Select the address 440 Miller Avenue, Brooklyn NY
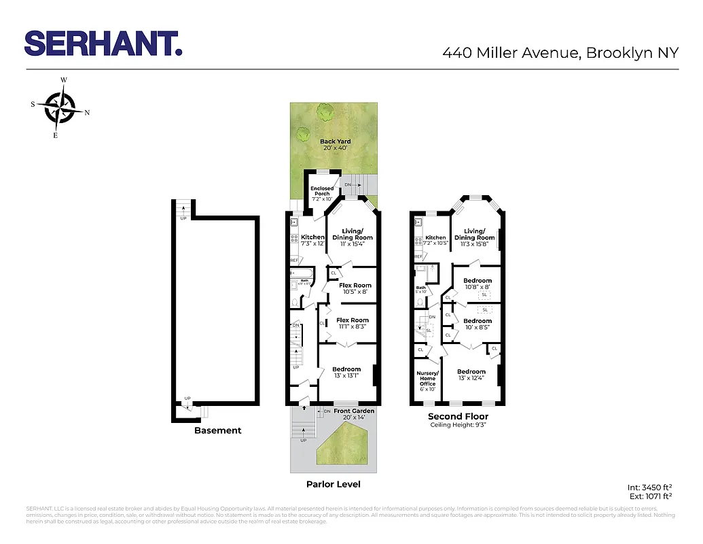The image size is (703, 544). pos(560,52)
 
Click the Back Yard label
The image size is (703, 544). pos(336,145)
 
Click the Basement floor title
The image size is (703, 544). pos(217,430)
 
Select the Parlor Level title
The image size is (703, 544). pos(333,484)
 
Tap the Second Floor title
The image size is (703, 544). pos(458,416)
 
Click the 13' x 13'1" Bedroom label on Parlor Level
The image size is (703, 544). pos(346,372)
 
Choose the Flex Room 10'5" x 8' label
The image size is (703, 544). pos(353,288)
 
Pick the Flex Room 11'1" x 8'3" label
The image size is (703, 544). pos(352,323)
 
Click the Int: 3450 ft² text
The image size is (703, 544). pos(649,487)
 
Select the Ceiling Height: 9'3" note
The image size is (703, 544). pos(458,425)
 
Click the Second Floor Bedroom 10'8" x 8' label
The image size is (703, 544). pos(477,284)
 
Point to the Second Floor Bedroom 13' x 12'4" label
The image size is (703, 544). pos(472,375)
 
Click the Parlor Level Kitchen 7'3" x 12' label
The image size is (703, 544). pos(312,240)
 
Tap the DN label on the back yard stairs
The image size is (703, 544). pos(348,185)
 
